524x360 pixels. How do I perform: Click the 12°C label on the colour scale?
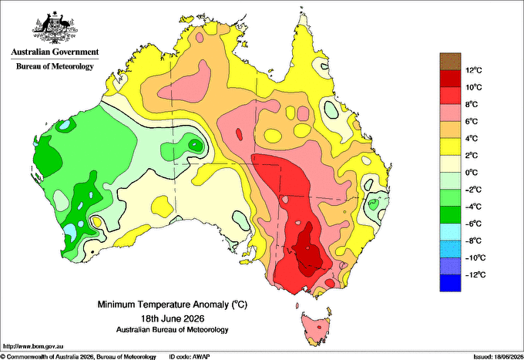[x=474, y=70]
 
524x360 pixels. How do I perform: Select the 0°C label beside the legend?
[x=472, y=173]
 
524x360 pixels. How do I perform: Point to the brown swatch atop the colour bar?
[x=450, y=62]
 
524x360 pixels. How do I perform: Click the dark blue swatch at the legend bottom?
[x=450, y=283]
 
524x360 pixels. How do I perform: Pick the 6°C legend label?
[x=472, y=121]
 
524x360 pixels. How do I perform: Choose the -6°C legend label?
[x=473, y=224]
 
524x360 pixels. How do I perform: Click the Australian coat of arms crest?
[x=55, y=28]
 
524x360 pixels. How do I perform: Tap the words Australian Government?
[x=55, y=52]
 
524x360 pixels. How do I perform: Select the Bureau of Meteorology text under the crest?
[x=55, y=66]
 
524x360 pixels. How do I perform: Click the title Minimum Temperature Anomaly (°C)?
[x=173, y=304]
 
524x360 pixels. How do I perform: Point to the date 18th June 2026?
[x=173, y=318]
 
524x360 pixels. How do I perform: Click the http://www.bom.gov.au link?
[x=33, y=346]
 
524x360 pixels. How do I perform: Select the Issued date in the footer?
[x=498, y=357]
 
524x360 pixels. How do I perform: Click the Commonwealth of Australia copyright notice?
[x=78, y=357]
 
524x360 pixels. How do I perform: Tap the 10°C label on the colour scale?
[x=474, y=87]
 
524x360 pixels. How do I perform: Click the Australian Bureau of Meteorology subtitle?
[x=173, y=330]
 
